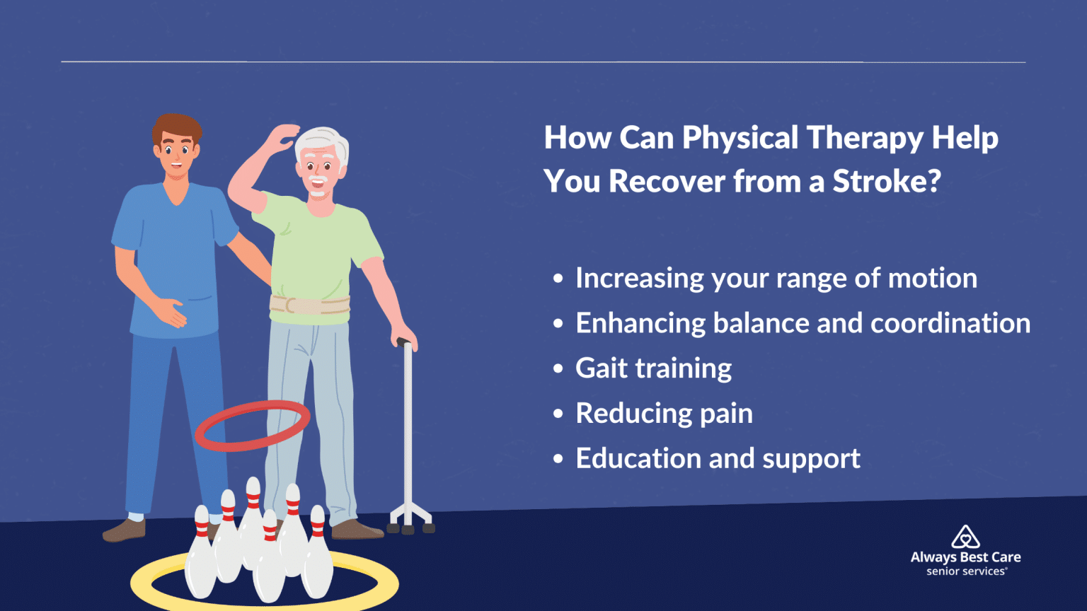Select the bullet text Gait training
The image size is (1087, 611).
(x=653, y=368)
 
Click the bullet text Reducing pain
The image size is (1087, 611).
(x=664, y=414)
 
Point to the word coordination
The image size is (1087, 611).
(x=950, y=323)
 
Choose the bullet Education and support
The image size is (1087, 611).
(x=718, y=459)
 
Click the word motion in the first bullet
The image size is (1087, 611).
(x=932, y=278)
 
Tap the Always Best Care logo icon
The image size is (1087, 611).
(x=965, y=537)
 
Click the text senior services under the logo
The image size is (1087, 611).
(x=966, y=571)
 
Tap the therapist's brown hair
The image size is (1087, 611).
(x=176, y=127)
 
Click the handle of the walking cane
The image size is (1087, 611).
(x=404, y=344)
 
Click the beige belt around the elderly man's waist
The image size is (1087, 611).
(x=309, y=305)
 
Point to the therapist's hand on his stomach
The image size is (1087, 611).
(x=171, y=313)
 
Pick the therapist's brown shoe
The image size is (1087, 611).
(x=125, y=530)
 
